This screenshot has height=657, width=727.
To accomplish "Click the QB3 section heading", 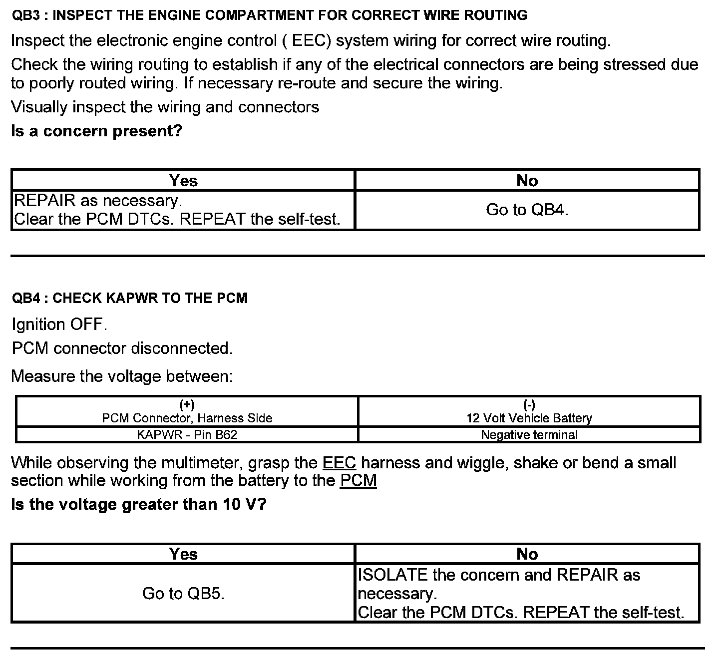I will click(269, 15).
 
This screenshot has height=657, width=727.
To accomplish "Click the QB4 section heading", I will click(129, 298).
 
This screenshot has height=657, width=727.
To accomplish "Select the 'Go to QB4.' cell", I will click(527, 210).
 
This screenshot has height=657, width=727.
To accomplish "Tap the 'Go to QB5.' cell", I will click(183, 593).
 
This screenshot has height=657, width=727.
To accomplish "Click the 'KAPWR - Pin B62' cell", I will click(187, 434).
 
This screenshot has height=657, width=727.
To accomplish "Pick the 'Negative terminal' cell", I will click(529, 434).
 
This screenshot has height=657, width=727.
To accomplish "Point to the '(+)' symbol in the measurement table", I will click(187, 404).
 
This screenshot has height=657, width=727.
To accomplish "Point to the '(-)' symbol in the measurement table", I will click(529, 404).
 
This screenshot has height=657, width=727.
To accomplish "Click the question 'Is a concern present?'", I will click(97, 131).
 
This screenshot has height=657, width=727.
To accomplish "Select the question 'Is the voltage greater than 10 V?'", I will click(139, 504).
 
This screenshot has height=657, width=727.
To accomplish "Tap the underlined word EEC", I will click(339, 463).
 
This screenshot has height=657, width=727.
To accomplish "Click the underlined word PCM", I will click(358, 481).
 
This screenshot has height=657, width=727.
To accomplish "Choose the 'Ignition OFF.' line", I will click(59, 325).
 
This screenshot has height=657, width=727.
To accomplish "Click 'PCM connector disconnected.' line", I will click(122, 348).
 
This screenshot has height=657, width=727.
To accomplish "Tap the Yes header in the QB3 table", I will click(183, 180).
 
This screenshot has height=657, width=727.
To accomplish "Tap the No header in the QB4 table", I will click(527, 554).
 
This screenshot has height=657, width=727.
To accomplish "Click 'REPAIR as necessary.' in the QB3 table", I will click(98, 201).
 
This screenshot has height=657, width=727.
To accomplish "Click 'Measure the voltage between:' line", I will click(122, 376).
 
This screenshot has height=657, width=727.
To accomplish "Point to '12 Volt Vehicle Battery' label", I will click(529, 418).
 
